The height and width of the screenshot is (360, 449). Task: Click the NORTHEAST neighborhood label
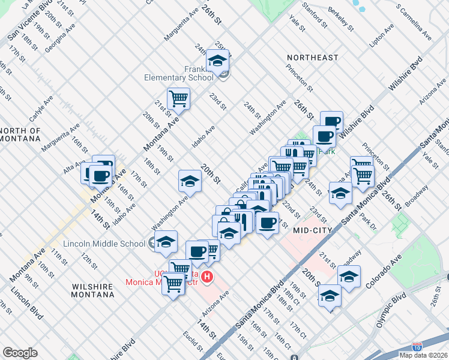pyautogui.click(x=312, y=58)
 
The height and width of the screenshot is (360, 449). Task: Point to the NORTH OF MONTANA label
pyautogui.click(x=20, y=135)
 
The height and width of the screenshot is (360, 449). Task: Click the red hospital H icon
pyautogui.click(x=207, y=277)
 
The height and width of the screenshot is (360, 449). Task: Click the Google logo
pyautogui.click(x=20, y=353)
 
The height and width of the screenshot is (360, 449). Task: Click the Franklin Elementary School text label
pyautogui.click(x=178, y=73)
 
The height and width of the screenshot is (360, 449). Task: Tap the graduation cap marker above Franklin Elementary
pyautogui.click(x=217, y=60)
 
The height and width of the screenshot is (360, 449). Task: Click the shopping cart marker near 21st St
pyautogui.click(x=178, y=98)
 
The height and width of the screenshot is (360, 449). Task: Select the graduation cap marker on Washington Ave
pyautogui.click(x=190, y=180)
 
